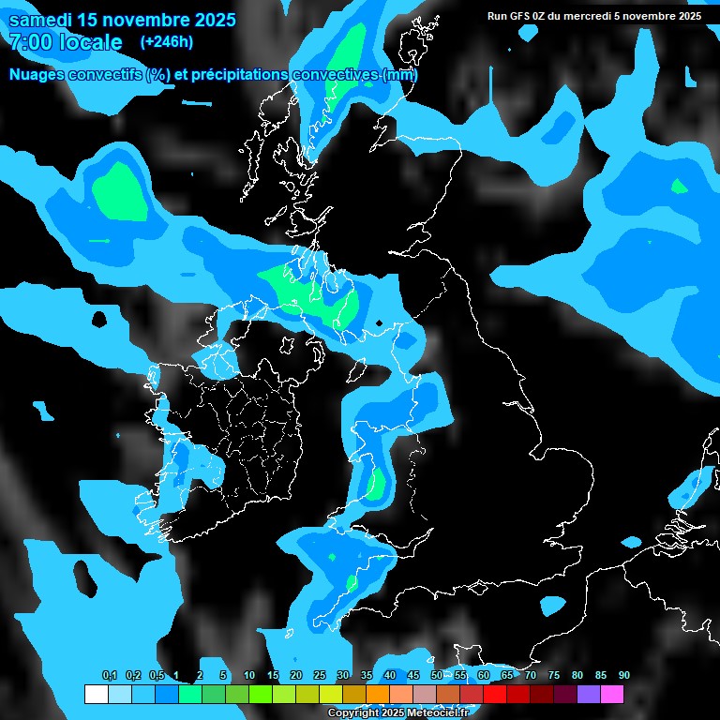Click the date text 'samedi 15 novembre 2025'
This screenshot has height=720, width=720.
tap(122, 20)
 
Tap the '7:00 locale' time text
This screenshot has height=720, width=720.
tap(65, 42)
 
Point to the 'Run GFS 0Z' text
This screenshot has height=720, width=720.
tap(517, 16)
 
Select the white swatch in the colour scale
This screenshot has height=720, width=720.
tap(97, 695)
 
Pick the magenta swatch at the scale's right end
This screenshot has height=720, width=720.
tap(612, 695)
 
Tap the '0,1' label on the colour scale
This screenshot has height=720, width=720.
tap(109, 676)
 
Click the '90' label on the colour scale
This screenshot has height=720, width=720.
tap(624, 676)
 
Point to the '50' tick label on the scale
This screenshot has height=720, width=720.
tap(437, 676)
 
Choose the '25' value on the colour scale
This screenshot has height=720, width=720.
tap(320, 676)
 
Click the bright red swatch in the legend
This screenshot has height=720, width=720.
tap(495, 695)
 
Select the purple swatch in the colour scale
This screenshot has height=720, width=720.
tap(589, 695)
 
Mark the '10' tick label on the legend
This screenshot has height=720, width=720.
tap(249, 676)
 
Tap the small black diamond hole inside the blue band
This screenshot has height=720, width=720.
tap(378, 324)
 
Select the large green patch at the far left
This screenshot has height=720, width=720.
tap(120, 190)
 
